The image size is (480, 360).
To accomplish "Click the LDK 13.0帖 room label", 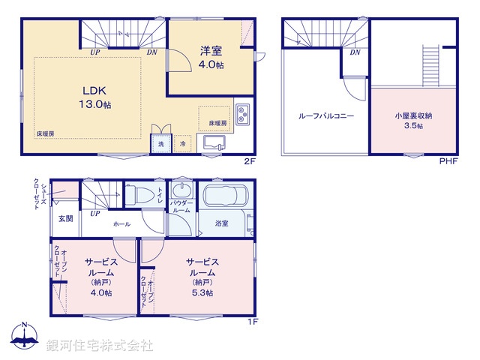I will click(x=97, y=98).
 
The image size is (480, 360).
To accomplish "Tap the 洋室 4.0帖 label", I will click(x=211, y=58).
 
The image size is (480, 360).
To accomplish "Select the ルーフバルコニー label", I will click(x=325, y=117).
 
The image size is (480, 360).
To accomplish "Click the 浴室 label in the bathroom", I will click(x=222, y=223).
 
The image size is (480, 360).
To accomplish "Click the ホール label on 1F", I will click(x=121, y=224).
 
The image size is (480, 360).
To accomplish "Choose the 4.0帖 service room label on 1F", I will click(x=102, y=276).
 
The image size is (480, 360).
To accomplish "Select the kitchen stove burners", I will click(x=244, y=115).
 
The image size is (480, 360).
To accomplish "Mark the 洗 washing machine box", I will click(x=160, y=142).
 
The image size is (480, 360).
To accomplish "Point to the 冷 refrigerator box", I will click(x=183, y=142).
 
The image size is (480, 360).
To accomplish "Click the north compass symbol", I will click(x=25, y=337).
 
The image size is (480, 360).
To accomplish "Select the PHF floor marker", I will click(x=448, y=160).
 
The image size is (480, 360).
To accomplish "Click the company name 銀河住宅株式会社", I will click(x=100, y=346).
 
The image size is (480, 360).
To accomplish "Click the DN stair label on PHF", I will click(x=355, y=52).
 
